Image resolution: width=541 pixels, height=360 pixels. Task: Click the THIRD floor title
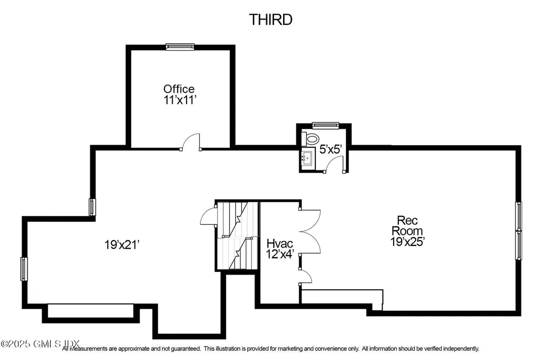pos(270,20)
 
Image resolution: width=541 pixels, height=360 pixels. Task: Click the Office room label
pos(179,89)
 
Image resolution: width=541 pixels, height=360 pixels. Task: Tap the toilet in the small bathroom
pos(312,139)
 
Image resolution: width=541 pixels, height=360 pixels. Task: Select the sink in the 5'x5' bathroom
pos(306,157)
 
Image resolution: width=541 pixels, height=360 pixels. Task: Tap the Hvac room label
pos(279,244)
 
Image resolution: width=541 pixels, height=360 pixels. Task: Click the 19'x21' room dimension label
pos(122,245)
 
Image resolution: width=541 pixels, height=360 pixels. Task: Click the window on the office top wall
pos(179,47)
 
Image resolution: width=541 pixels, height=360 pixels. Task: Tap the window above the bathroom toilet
pos(321,126)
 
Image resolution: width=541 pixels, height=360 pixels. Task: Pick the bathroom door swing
pos(334,165)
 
